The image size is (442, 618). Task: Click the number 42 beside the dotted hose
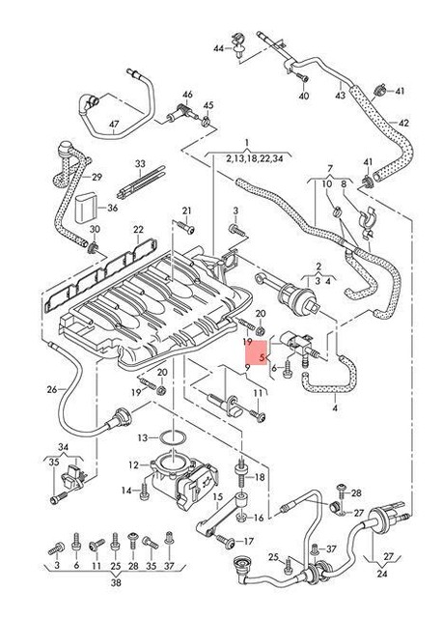pos(403,123)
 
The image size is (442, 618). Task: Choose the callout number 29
pos(97,179)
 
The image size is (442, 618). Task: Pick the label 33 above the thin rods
pos(139,164)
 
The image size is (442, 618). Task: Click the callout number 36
pos(113,208)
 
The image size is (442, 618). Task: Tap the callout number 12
pos(134,465)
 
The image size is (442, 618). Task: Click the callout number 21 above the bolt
pos(187,211)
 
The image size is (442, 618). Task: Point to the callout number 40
pos(304,97)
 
